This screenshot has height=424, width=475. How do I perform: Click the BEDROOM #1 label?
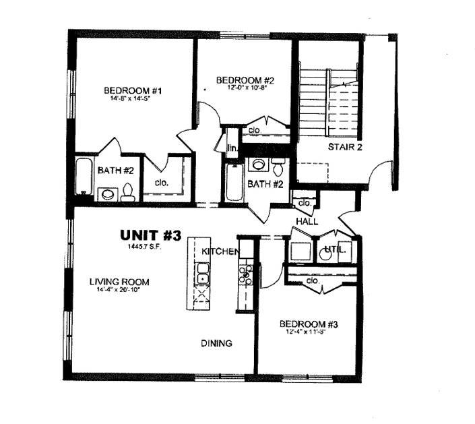click(130, 90)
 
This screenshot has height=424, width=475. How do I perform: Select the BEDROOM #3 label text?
click(309, 324)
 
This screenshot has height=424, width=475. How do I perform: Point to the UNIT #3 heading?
click(151, 235)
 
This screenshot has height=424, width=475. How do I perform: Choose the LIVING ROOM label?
click(119, 282)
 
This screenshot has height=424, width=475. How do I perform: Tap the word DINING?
click(216, 343)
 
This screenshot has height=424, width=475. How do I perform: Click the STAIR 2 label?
click(346, 146)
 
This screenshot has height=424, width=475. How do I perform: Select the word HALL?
click(307, 221)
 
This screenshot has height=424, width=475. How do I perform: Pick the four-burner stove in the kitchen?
click(245, 274)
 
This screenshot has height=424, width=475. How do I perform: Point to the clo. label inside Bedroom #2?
click(255, 130)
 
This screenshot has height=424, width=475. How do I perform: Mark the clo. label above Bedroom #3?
click(312, 280)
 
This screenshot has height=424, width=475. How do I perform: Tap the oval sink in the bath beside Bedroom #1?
click(106, 195)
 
